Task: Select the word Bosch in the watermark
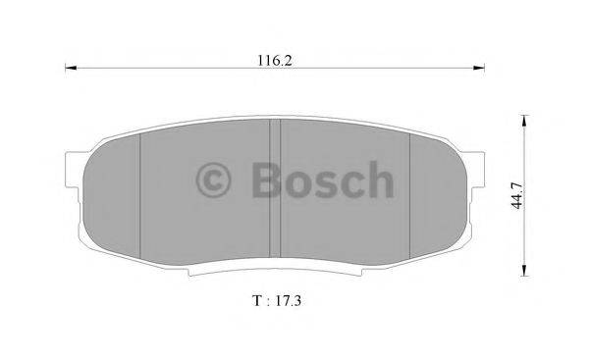320,180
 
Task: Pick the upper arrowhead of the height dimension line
523,125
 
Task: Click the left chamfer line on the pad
141,196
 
